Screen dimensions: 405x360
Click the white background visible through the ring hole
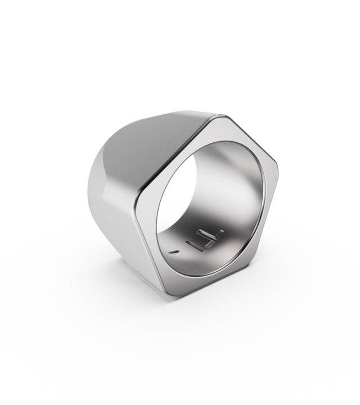194,186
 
